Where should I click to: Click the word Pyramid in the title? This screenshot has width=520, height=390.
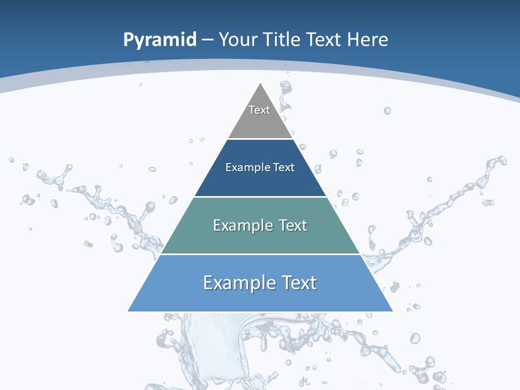(160, 40)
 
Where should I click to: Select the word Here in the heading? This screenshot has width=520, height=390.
(367, 40)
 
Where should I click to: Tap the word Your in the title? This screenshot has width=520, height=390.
(238, 40)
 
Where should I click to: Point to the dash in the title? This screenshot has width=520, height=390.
(207, 40)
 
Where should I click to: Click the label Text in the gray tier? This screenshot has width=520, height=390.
(259, 110)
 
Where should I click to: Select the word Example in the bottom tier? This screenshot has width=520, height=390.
(233, 283)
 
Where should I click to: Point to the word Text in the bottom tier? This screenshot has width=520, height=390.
(298, 283)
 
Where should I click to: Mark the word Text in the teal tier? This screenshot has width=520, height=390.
(293, 225)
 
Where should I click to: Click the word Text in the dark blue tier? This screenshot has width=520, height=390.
(284, 167)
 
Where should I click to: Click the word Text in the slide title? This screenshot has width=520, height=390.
(323, 40)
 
